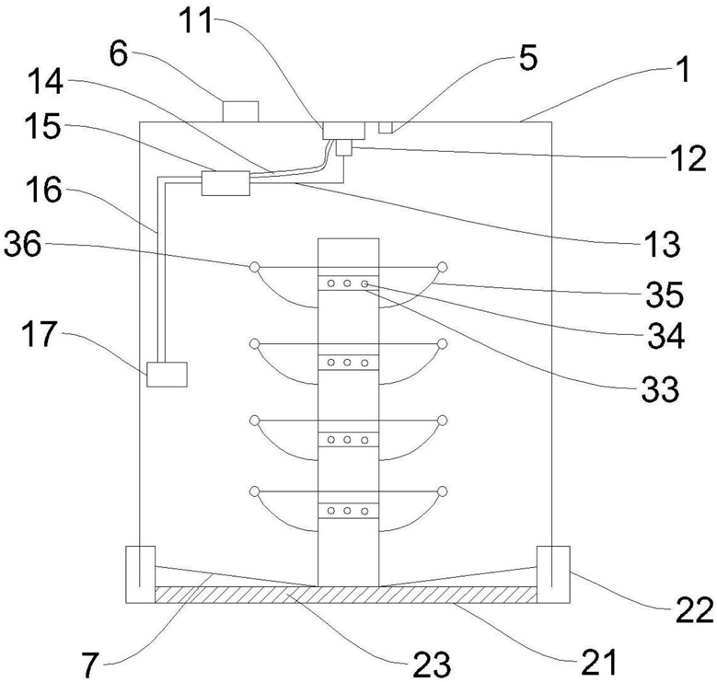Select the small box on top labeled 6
241,110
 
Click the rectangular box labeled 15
225,182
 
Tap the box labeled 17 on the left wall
167,375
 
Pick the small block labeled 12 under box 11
343,146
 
